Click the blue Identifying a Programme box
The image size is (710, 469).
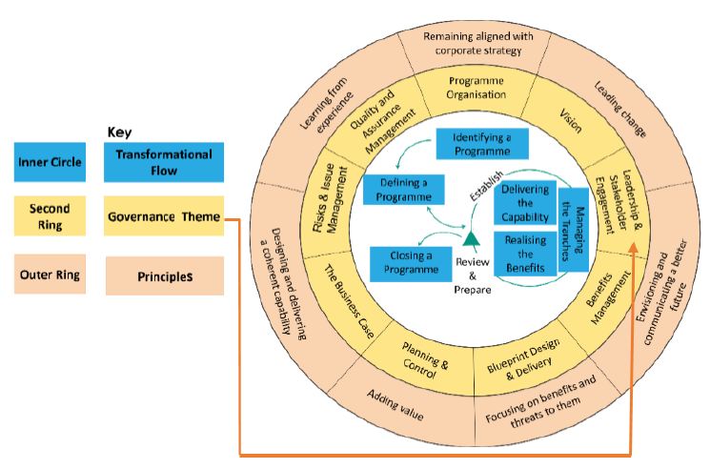click(x=482, y=144)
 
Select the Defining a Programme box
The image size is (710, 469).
click(x=403, y=190)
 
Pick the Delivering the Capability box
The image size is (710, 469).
click(x=525, y=203)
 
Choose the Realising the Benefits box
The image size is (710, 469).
click(x=525, y=254)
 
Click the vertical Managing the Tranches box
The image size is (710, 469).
click(x=574, y=230)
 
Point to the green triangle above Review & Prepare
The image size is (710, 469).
click(x=471, y=239)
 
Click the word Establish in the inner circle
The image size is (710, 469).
click(x=486, y=186)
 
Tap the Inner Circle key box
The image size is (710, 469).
click(x=50, y=162)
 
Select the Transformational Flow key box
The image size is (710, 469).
click(x=164, y=162)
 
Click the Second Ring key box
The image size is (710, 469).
click(x=50, y=216)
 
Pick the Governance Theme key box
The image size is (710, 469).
click(x=164, y=216)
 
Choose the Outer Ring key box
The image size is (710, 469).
click(x=50, y=275)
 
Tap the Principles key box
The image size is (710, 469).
click(x=165, y=275)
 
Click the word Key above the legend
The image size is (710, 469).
click(x=119, y=133)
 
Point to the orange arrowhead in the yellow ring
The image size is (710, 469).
click(x=633, y=247)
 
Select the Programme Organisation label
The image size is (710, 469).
click(x=476, y=88)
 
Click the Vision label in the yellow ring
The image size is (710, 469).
click(x=571, y=120)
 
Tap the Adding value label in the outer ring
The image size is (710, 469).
click(x=395, y=405)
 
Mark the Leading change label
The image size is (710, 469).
click(x=619, y=109)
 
